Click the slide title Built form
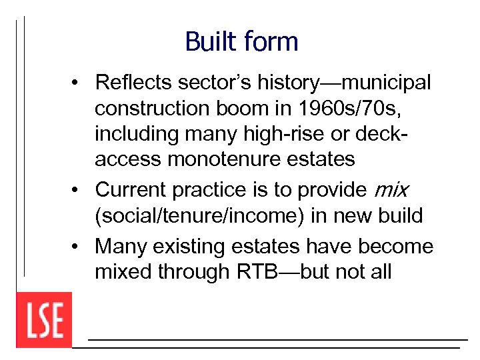pos(241,41)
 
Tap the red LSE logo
pos(44,320)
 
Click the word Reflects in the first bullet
pos(133,83)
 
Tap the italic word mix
pos(391,190)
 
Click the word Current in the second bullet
pos(131,190)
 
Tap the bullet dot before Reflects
pos(78,83)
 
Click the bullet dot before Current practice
pos(78,191)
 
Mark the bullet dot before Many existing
pos(78,247)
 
